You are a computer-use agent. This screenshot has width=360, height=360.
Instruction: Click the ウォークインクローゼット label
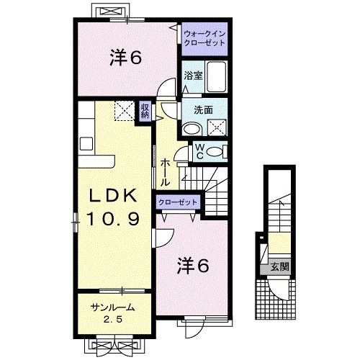tap(204, 38)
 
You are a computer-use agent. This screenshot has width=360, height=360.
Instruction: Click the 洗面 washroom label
tap(203, 110)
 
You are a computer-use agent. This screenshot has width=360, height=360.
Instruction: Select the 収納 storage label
tap(145, 111)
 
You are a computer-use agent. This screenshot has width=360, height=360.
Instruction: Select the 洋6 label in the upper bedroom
tap(124, 58)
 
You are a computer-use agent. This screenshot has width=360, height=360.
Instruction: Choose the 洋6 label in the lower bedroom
tap(192, 266)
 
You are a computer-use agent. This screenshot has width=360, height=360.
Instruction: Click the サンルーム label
tap(111, 307)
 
